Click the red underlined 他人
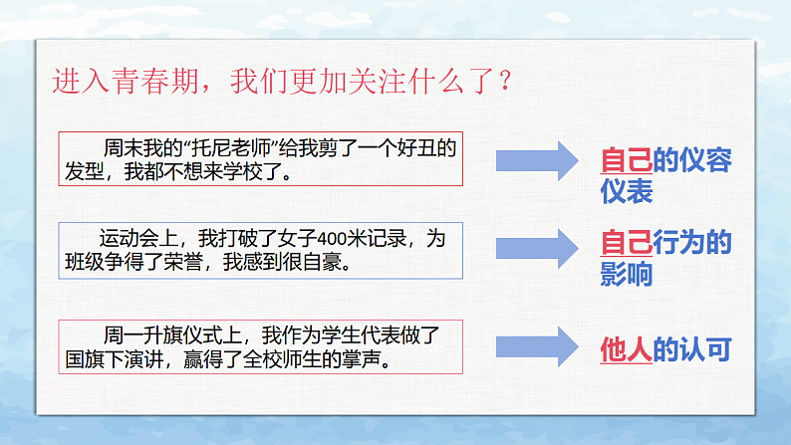click(x=626, y=349)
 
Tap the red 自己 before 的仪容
click(x=626, y=159)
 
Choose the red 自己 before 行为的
click(x=626, y=243)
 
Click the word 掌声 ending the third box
click(x=368, y=359)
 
